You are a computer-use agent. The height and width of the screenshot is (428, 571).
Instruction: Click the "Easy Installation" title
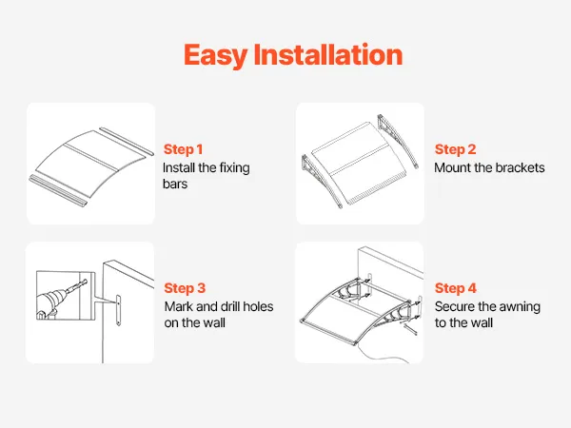click(293, 55)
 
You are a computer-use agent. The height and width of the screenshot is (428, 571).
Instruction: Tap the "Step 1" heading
click(183, 149)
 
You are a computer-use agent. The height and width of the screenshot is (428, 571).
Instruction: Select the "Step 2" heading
click(455, 149)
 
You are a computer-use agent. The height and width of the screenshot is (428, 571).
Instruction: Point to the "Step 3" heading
click(185, 288)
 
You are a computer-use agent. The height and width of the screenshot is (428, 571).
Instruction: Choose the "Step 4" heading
click(456, 288)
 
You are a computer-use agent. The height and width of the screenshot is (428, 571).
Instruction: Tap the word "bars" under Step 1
click(175, 184)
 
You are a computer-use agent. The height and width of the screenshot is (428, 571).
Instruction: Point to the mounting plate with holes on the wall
click(118, 310)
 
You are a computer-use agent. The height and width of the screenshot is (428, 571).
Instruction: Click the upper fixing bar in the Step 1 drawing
click(127, 141)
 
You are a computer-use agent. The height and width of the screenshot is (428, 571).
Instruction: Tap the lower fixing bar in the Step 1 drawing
click(58, 189)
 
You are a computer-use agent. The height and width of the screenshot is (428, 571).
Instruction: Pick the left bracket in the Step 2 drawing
click(322, 180)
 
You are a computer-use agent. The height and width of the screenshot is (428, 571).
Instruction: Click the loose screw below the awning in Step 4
click(410, 329)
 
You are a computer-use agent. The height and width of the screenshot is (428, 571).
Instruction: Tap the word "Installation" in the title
click(328, 54)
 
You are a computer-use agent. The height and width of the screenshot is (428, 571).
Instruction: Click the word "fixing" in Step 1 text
click(234, 168)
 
